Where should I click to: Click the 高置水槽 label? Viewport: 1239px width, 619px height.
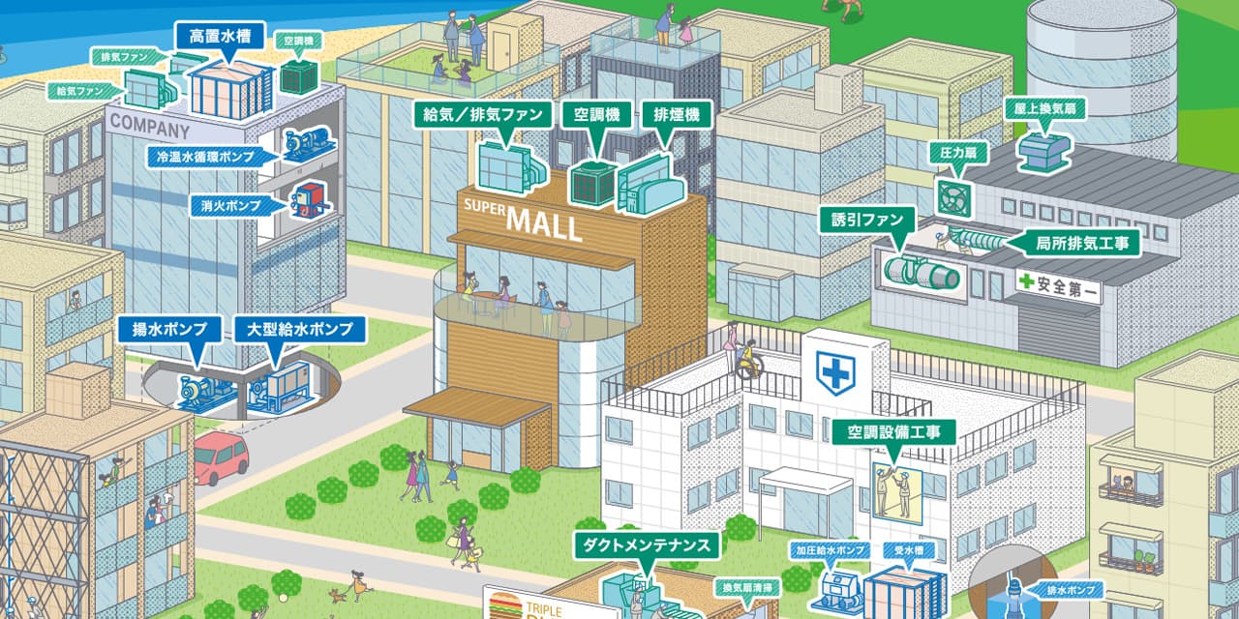(x=222, y=37)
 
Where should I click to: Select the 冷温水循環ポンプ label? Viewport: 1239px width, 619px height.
(x=208, y=156)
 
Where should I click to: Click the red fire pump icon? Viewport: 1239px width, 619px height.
(x=311, y=199)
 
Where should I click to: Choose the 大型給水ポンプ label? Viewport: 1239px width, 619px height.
(x=300, y=330)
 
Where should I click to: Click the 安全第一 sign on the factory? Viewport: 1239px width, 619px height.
(x=1058, y=286)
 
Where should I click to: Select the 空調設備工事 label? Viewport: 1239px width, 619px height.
(x=893, y=430)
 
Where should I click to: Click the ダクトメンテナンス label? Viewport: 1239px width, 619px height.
(x=648, y=545)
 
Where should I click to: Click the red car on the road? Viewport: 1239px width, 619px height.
(x=222, y=457)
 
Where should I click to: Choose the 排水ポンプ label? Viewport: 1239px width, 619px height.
(x=1072, y=589)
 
